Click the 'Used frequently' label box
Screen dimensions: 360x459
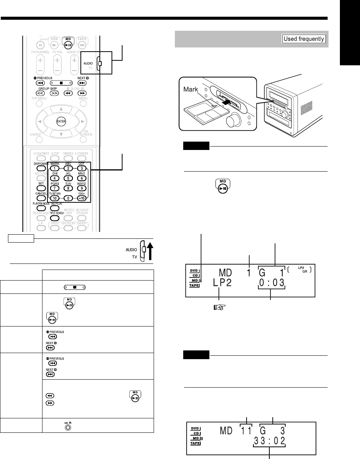(304, 39)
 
